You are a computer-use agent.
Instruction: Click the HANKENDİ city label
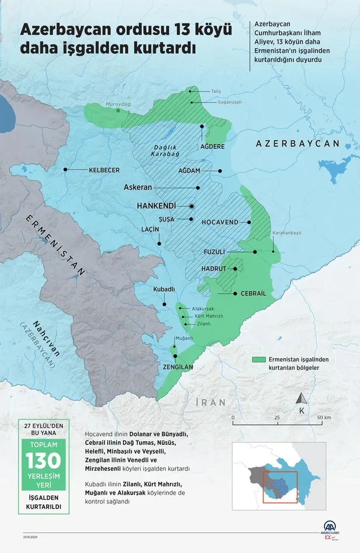[156, 206]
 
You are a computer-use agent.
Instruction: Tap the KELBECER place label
[103, 170]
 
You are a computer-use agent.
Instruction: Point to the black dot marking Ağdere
[202, 126]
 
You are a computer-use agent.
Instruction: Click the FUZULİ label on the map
[214, 252]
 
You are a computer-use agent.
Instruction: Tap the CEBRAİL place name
[253, 294]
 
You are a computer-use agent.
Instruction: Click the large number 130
[43, 461]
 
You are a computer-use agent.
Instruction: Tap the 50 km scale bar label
[324, 418]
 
